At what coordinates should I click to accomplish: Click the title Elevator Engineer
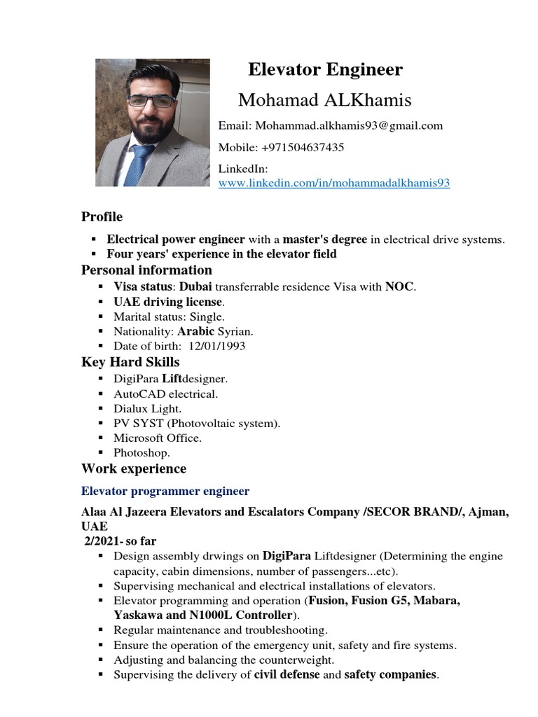326,69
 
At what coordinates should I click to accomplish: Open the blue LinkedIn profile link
334,183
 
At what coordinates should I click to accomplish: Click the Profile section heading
102,216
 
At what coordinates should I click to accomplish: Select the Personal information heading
146,270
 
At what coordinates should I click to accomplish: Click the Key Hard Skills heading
130,362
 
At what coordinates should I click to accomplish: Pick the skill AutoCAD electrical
166,394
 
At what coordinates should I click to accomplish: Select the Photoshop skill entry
142,452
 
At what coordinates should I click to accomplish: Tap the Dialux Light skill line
147,408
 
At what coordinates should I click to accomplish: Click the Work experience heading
134,468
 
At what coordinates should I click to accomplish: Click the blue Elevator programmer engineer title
165,491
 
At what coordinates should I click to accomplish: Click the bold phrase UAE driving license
168,302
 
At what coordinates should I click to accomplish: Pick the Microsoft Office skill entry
158,438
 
